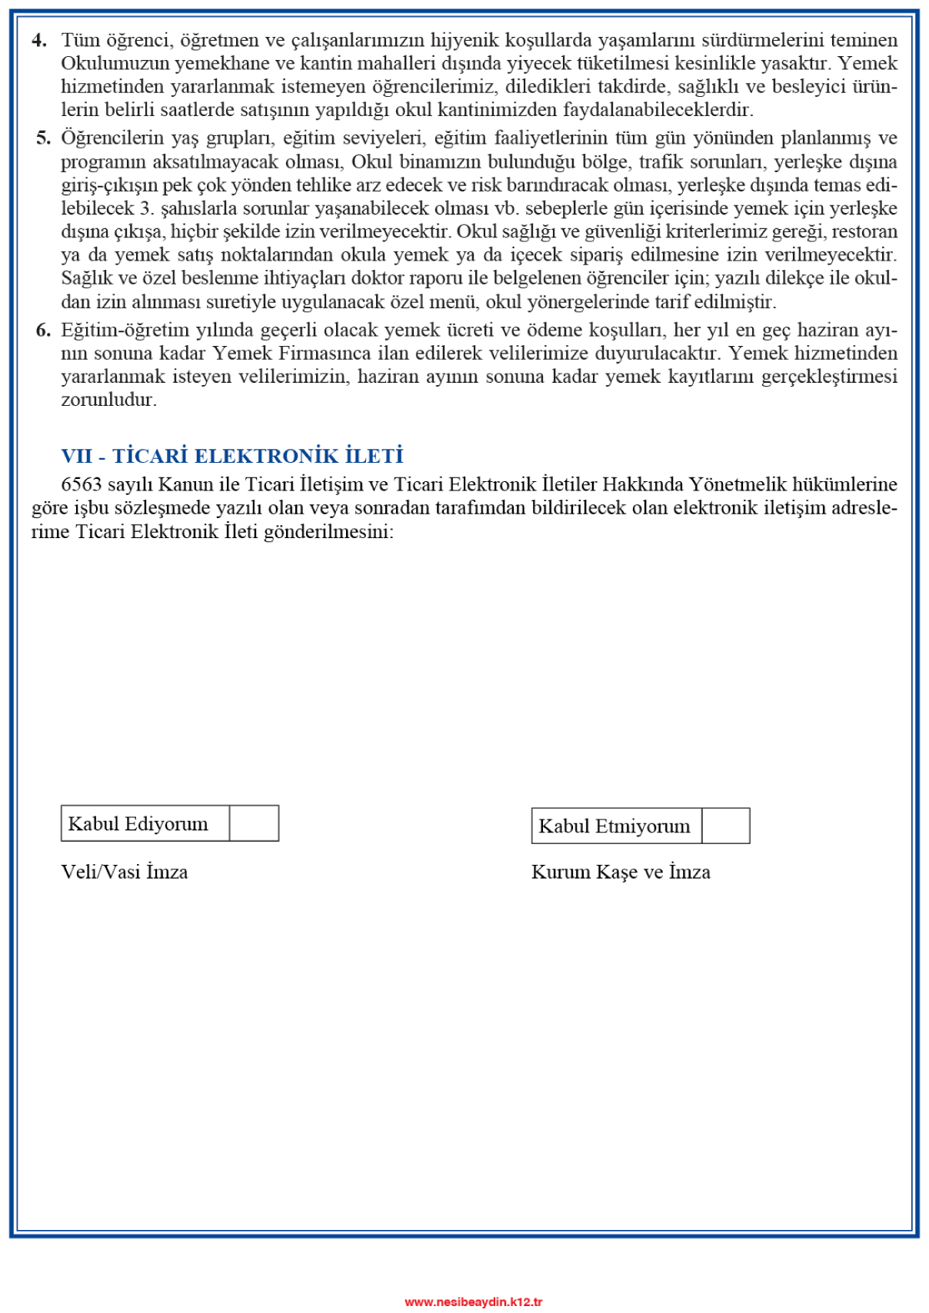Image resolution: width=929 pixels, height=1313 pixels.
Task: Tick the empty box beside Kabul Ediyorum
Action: [x=254, y=823]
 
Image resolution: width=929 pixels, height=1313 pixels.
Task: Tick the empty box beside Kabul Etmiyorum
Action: [x=725, y=826]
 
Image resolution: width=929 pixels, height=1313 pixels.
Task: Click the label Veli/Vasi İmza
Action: [x=125, y=872]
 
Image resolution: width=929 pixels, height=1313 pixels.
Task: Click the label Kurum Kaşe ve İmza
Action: [x=621, y=872]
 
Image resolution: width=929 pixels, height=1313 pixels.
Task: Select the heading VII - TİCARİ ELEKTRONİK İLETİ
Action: [x=232, y=456]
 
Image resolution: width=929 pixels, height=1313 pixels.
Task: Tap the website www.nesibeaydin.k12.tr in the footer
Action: [x=474, y=1301]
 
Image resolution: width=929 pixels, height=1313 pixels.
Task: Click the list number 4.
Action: [x=40, y=40]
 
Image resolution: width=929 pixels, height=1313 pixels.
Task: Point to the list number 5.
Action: [x=43, y=138]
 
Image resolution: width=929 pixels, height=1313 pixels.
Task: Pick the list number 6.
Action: [x=43, y=331]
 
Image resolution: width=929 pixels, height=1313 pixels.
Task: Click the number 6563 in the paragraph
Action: [x=82, y=484]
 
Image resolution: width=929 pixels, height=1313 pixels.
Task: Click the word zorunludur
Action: [x=108, y=400]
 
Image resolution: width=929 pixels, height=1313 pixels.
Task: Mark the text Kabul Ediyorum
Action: [x=138, y=823]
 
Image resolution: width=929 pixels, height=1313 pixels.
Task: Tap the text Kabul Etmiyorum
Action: [x=614, y=826]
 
